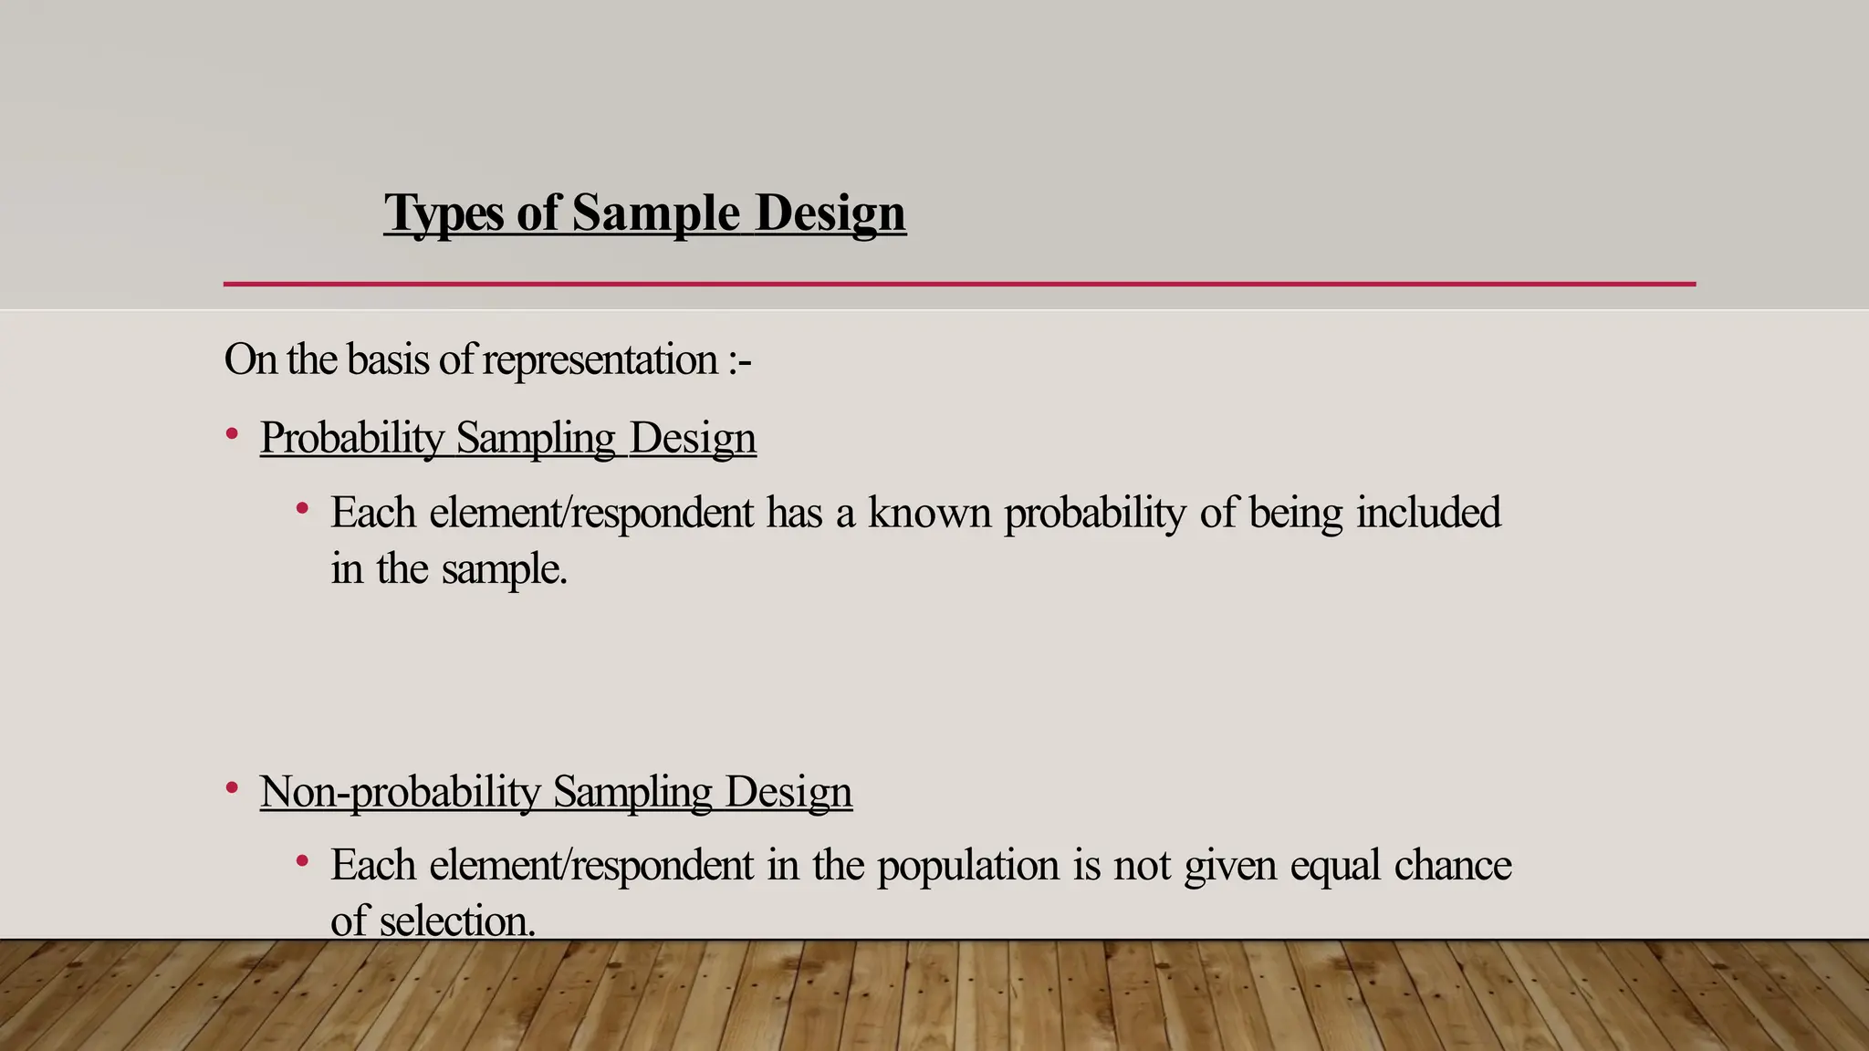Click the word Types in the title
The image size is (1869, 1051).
pyautogui.click(x=444, y=213)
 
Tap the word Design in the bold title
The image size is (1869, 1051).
pyautogui.click(x=830, y=213)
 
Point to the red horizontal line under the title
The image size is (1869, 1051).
pyautogui.click(x=958, y=284)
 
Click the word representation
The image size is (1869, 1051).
pyautogui.click(x=600, y=359)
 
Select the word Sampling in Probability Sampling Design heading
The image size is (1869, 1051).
pyautogui.click(x=536, y=438)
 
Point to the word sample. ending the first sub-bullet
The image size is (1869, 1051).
pyautogui.click(x=504, y=569)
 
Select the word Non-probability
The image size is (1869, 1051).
pyautogui.click(x=400, y=792)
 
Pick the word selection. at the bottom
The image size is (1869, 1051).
pyautogui.click(x=456, y=921)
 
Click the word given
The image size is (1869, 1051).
pyautogui.click(x=1229, y=866)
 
